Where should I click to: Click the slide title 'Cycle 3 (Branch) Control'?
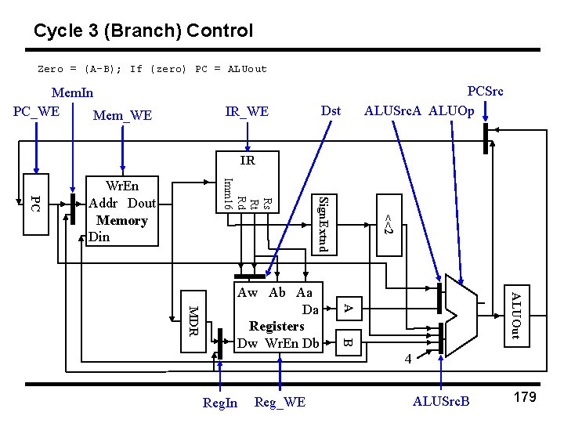pos(143,31)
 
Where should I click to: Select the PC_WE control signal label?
pos(36,110)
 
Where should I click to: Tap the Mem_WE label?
pos(122,116)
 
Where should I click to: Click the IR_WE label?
pos(247,112)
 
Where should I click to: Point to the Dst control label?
pos(331,110)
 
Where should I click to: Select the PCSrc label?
pos(485,91)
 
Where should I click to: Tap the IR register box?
pos(247,161)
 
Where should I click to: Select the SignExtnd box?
pos(326,223)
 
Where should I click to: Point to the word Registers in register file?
pos(277,326)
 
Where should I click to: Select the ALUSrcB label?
pos(441,402)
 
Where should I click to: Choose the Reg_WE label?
pos(280,402)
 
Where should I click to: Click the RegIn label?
pos(219,403)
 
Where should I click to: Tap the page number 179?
pos(524,397)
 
